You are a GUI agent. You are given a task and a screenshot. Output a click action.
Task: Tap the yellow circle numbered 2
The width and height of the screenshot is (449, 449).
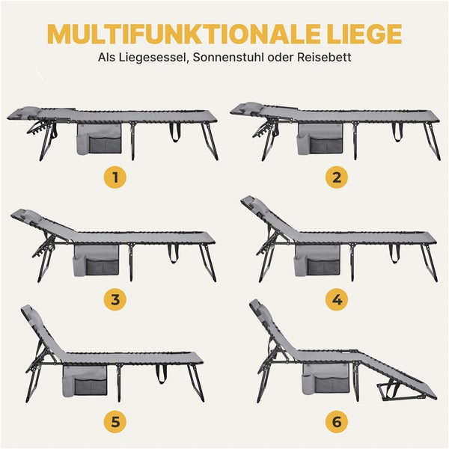(336, 177)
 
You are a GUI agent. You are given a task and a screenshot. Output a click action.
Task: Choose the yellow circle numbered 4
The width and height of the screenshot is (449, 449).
(336, 300)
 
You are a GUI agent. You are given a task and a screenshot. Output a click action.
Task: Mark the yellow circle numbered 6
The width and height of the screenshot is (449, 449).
(336, 421)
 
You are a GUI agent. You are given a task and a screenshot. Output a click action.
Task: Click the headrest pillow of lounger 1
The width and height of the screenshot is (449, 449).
(22, 112)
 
